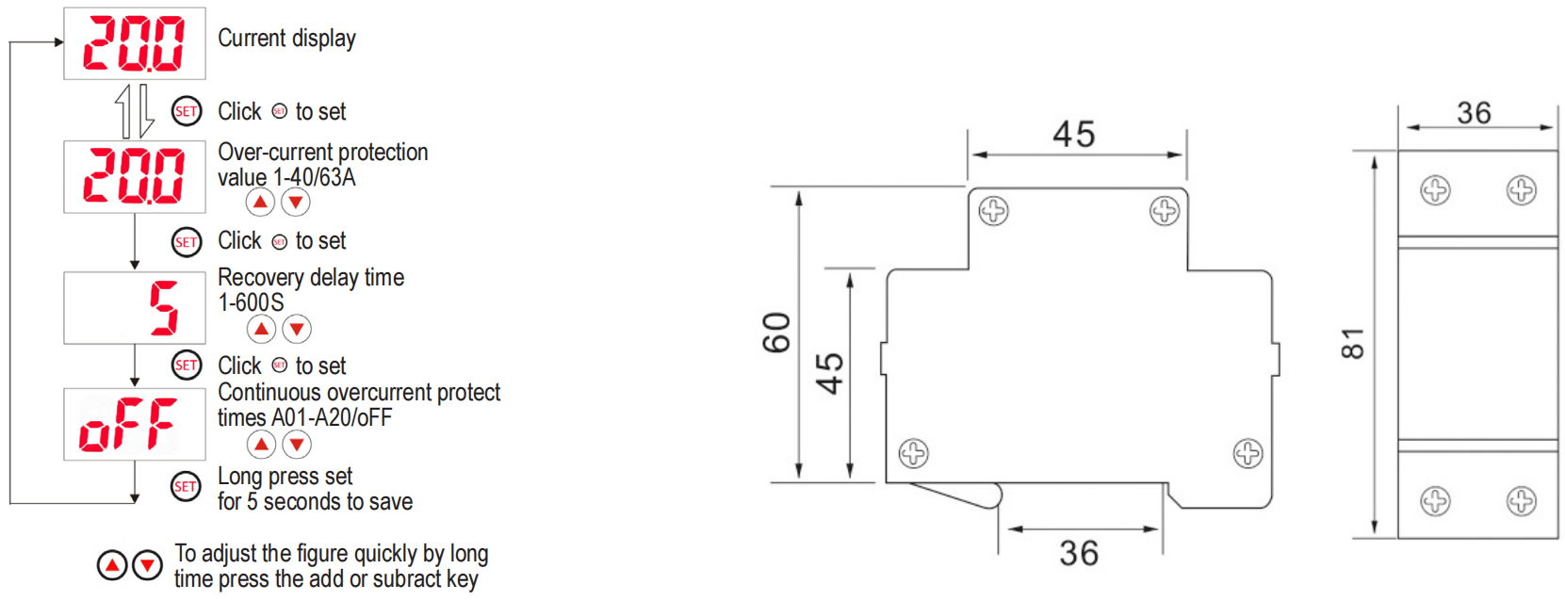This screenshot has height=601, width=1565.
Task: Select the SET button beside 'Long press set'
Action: point(186,486)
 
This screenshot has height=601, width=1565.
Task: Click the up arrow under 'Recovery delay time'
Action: point(261,329)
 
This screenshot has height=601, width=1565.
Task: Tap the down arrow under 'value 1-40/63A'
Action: point(296,203)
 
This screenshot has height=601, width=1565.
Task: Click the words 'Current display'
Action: point(286,38)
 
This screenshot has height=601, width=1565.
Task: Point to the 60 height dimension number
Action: point(777,333)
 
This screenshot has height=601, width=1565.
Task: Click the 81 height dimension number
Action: point(1353,344)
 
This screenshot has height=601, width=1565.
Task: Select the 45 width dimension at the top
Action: point(1074,134)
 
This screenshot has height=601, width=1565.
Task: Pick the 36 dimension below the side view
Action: point(1080,554)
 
